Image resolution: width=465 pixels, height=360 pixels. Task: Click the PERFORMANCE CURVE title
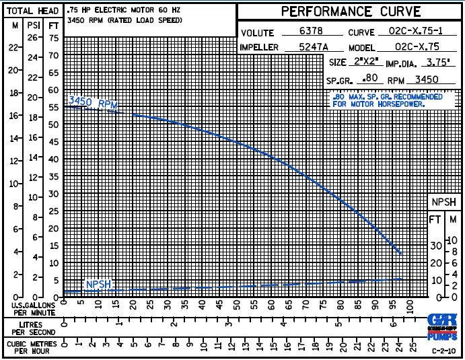click(x=351, y=11)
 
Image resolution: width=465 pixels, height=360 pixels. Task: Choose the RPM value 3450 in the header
click(x=427, y=79)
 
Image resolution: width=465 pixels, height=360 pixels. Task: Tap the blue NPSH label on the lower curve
click(x=98, y=285)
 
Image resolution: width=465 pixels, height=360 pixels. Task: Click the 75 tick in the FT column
click(x=54, y=38)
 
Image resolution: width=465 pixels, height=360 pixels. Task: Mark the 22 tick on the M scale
click(x=13, y=48)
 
